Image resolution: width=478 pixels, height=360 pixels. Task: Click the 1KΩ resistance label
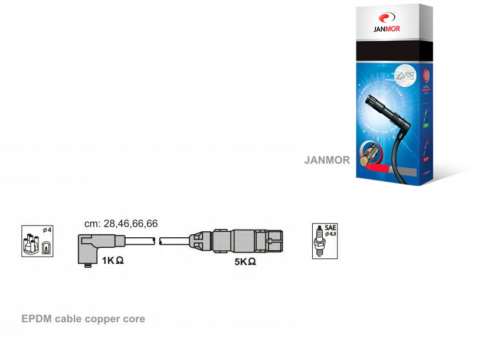(x=112, y=260)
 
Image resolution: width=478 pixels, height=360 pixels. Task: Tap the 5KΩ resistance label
(x=245, y=261)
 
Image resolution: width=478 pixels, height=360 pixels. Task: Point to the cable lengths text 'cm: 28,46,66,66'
(x=121, y=224)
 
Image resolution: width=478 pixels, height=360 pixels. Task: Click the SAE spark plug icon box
(x=325, y=241)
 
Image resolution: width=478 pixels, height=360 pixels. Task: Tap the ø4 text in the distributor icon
(x=46, y=230)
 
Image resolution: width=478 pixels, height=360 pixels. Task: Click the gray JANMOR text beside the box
(x=327, y=160)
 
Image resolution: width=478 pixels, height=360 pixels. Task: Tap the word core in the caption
(x=133, y=319)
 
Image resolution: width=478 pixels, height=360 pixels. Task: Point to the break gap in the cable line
(x=159, y=240)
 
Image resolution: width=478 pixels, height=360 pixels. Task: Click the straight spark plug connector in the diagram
(x=236, y=241)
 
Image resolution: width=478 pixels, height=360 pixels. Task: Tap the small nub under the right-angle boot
(x=88, y=265)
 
